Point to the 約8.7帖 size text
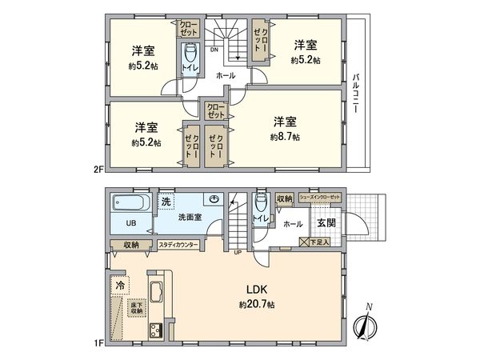(285, 137)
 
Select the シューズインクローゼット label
(319, 198)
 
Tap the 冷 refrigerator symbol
(119, 284)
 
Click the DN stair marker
(214, 50)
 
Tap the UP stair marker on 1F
(237, 254)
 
